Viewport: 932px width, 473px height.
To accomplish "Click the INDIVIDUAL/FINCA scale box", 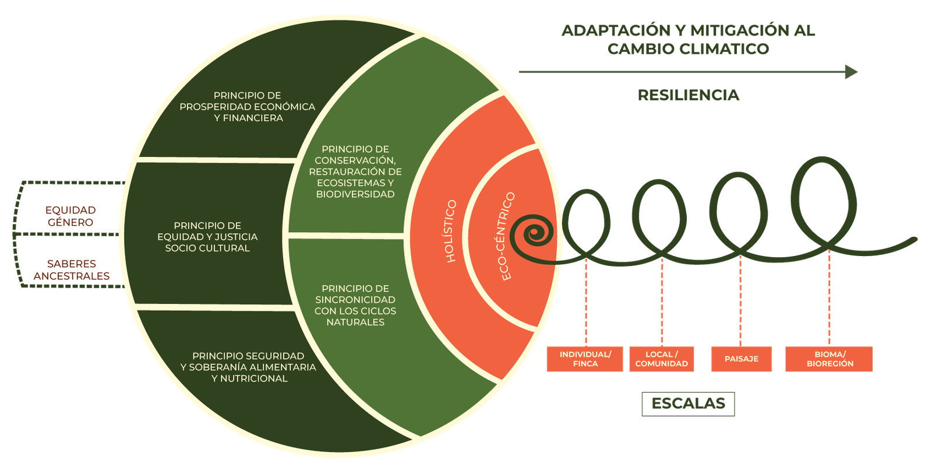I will coord(585,359).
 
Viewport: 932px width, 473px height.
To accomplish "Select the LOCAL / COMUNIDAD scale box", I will coord(661,359).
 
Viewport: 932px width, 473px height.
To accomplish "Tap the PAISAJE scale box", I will coord(741,359).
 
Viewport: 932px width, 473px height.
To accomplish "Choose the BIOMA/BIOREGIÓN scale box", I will coord(829,359).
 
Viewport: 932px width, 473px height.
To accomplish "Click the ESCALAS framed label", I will coord(688,403).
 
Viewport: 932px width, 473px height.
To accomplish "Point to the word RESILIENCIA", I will coord(689,95).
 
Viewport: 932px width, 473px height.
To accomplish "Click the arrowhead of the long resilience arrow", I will coord(852,72).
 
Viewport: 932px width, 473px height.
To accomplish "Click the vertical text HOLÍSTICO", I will coord(451,232).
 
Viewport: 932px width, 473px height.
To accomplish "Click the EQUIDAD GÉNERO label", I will coord(70,216).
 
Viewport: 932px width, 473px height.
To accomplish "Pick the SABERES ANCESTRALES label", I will coord(72,269).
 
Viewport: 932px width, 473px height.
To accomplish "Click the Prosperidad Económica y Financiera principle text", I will coord(248,107).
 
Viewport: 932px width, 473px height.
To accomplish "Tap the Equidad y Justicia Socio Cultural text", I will coord(207,237).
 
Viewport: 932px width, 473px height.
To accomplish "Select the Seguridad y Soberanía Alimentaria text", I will coord(249,367).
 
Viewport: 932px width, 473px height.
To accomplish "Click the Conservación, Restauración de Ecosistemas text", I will coord(355,171).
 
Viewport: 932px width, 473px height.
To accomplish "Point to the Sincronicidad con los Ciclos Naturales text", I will coord(355,305).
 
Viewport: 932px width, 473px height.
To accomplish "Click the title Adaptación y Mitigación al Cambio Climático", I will coord(688,40).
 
